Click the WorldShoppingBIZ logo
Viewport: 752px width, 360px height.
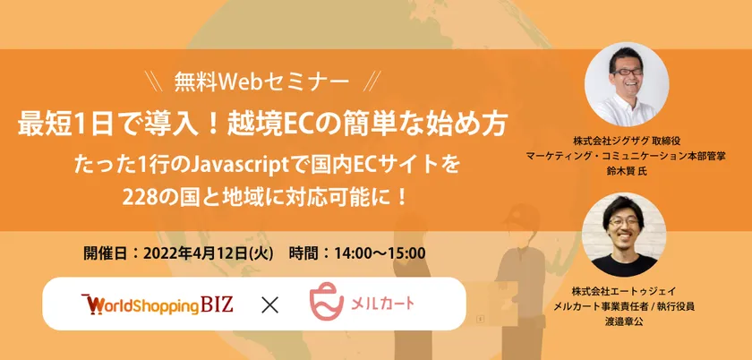click(158, 304)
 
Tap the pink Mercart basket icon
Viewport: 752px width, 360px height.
click(327, 301)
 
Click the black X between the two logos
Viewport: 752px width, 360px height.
click(269, 305)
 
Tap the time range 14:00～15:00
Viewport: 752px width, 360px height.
click(380, 253)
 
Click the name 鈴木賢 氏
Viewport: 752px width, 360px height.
click(627, 171)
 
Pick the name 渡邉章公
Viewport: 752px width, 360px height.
click(624, 321)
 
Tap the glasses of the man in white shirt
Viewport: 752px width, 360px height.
click(627, 73)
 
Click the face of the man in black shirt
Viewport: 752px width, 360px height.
click(625, 228)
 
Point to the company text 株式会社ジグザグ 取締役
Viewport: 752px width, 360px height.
click(628, 141)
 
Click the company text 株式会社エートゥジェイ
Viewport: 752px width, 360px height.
click(624, 291)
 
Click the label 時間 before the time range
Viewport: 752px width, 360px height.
click(304, 253)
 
